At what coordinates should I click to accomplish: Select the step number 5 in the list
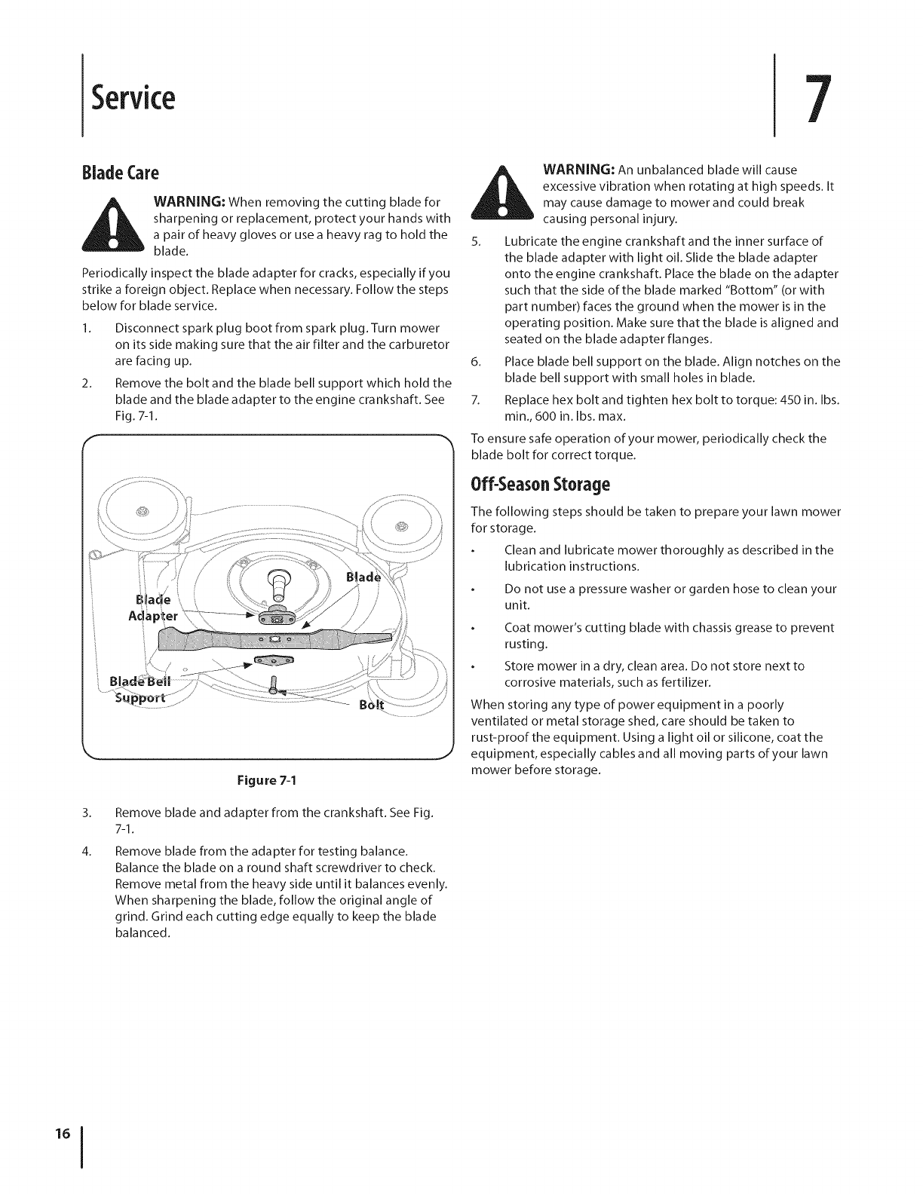pos(475,241)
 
